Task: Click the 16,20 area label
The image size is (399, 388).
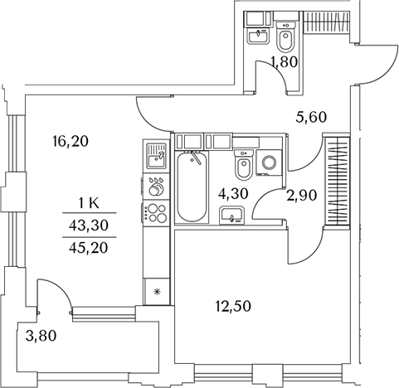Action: pyautogui.click(x=71, y=142)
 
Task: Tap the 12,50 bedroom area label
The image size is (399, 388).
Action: pyautogui.click(x=234, y=307)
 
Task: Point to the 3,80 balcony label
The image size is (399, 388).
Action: pyautogui.click(x=41, y=336)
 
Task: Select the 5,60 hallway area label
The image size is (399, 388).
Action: pyautogui.click(x=311, y=117)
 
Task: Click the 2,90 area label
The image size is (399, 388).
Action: pyautogui.click(x=301, y=196)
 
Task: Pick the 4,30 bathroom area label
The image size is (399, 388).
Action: pyautogui.click(x=233, y=193)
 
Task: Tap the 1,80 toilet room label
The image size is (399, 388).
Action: pyautogui.click(x=285, y=61)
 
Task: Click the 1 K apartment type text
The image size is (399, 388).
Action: pyautogui.click(x=89, y=204)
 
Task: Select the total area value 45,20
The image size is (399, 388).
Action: pyautogui.click(x=89, y=248)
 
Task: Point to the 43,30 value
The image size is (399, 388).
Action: pyautogui.click(x=89, y=226)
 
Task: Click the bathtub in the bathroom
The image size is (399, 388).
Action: pyautogui.click(x=192, y=187)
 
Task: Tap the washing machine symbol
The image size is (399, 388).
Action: pyautogui.click(x=269, y=162)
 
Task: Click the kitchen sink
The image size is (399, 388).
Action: pyautogui.click(x=156, y=155)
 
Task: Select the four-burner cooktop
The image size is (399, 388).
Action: pyautogui.click(x=156, y=212)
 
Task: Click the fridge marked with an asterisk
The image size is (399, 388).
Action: pyautogui.click(x=157, y=292)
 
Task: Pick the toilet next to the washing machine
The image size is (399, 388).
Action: pyautogui.click(x=243, y=164)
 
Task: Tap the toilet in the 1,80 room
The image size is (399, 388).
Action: pyautogui.click(x=285, y=37)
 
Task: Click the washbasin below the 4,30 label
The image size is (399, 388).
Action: pyautogui.click(x=231, y=216)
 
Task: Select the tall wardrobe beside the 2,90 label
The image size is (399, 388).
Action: pyautogui.click(x=338, y=181)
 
